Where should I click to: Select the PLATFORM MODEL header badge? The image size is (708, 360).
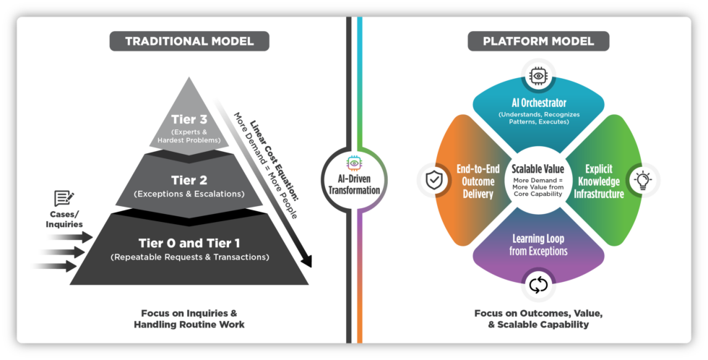538,40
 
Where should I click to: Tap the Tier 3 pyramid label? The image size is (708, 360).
189,119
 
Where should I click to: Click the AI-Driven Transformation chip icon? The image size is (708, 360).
354,163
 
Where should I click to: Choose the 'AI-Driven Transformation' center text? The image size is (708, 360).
354,186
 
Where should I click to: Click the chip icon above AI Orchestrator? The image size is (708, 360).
538,75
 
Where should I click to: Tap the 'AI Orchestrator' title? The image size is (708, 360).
538,103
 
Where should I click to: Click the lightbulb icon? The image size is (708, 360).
643,181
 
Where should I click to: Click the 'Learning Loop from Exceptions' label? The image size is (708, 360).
538,244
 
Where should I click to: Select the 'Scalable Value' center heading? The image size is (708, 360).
538,168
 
